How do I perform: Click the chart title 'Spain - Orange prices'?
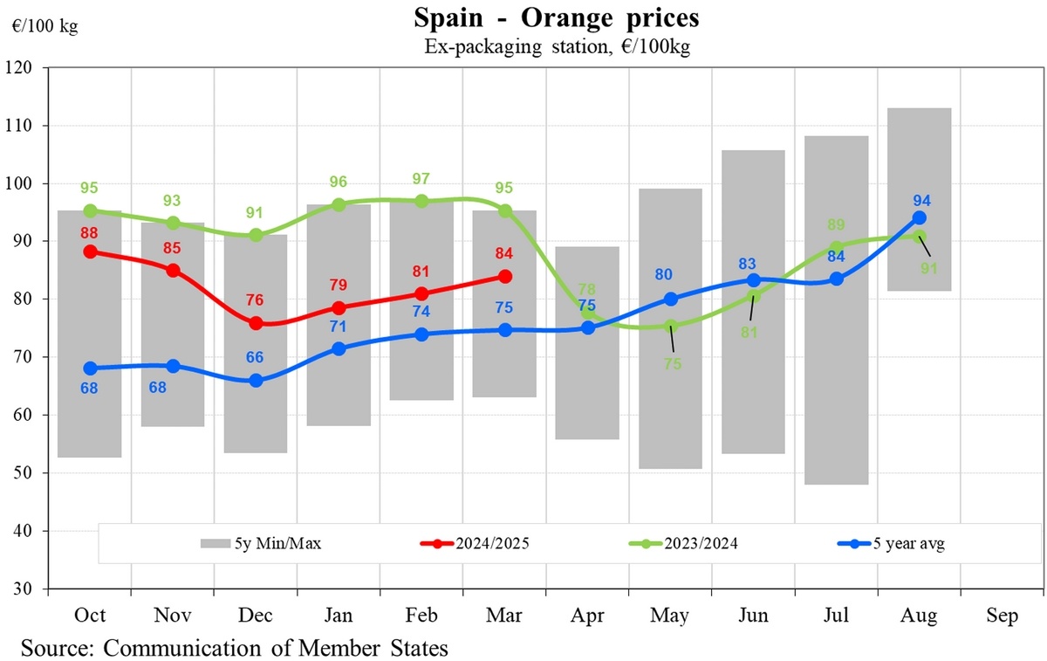[x=557, y=17]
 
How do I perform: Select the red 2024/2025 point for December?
[x=256, y=323]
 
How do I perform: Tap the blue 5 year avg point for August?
[x=919, y=218]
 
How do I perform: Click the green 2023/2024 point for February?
[x=421, y=201]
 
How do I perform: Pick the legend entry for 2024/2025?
[x=476, y=543]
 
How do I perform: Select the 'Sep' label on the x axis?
[x=1002, y=616]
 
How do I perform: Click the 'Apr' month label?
[x=587, y=616]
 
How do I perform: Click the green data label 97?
[x=421, y=179]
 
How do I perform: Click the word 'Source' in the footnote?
[x=56, y=649]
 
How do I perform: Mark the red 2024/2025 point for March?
[x=504, y=276]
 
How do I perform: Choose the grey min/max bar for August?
[x=919, y=199]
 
